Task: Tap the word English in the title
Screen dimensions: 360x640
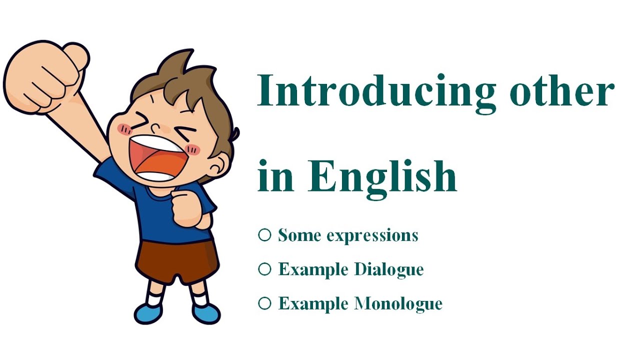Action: [x=382, y=175]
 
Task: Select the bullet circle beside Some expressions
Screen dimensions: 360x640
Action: [x=264, y=234]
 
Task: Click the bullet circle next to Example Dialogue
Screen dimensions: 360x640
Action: [x=264, y=269]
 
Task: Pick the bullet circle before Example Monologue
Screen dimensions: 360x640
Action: [x=264, y=303]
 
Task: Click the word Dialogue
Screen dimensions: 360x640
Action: [x=389, y=270]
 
